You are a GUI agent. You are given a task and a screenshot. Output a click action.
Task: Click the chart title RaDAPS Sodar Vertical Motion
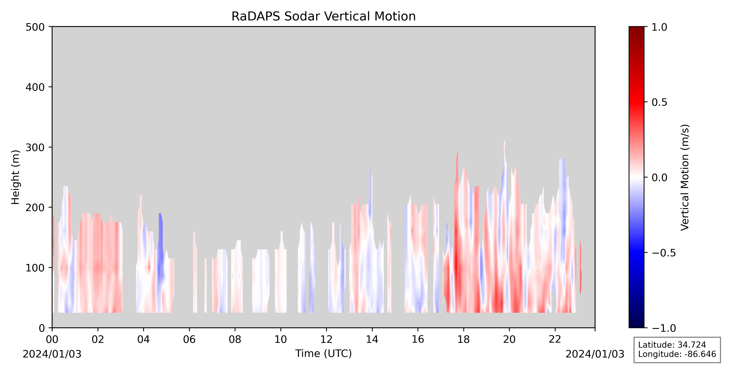(x=324, y=17)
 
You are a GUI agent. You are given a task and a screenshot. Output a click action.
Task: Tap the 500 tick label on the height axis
(x=35, y=27)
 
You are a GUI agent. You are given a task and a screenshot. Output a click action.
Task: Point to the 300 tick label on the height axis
(x=35, y=147)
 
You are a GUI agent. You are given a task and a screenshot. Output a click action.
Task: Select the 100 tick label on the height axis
(x=35, y=268)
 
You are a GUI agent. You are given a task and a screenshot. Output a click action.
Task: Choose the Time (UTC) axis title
(x=324, y=353)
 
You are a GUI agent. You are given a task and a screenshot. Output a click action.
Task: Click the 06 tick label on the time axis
(x=189, y=340)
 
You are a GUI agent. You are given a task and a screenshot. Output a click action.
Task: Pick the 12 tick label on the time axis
(x=326, y=340)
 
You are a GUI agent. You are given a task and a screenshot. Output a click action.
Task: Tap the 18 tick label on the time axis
(x=463, y=340)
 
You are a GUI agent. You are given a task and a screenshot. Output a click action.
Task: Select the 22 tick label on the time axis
(x=555, y=340)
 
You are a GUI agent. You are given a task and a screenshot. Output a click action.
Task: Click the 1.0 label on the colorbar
(x=659, y=27)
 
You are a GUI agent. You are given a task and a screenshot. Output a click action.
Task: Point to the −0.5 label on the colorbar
(x=663, y=253)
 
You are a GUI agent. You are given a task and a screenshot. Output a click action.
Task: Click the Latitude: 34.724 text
(x=672, y=345)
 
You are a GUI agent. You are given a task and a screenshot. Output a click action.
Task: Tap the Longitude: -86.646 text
(x=677, y=354)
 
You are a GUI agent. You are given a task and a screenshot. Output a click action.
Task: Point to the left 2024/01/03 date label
(x=52, y=354)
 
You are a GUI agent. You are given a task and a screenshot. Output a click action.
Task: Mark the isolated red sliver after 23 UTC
(x=581, y=268)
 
